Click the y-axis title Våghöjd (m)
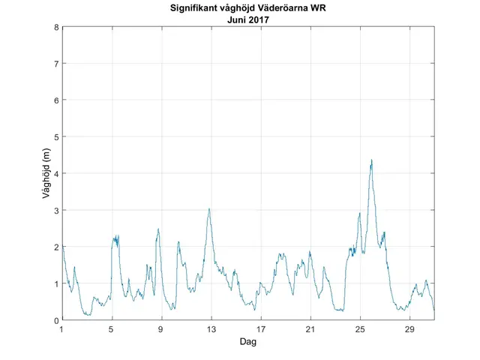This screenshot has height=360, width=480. pyautogui.click(x=46, y=174)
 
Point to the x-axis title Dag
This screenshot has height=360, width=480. pyautogui.click(x=247, y=342)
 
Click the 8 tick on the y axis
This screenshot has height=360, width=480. pyautogui.click(x=56, y=27)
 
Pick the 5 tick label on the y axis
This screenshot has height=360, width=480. pyautogui.click(x=56, y=137)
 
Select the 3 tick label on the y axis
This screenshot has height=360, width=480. pyautogui.click(x=56, y=210)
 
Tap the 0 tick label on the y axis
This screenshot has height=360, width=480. pyautogui.click(x=56, y=320)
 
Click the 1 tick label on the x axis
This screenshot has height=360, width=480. pyautogui.click(x=61, y=329)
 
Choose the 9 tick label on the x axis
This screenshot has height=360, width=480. pyautogui.click(x=161, y=329)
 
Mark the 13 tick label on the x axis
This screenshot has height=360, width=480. pyautogui.click(x=211, y=329)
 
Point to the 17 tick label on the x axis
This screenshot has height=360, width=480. pyautogui.click(x=260, y=329)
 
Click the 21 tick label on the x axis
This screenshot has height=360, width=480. pyautogui.click(x=310, y=329)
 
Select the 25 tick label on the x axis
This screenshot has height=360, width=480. pyautogui.click(x=360, y=329)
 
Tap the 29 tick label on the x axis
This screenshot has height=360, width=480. pyautogui.click(x=409, y=329)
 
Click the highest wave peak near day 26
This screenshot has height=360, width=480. pyautogui.click(x=371, y=160)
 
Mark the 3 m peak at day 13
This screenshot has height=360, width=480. pyautogui.click(x=209, y=209)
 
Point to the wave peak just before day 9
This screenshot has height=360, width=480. pyautogui.click(x=158, y=229)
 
